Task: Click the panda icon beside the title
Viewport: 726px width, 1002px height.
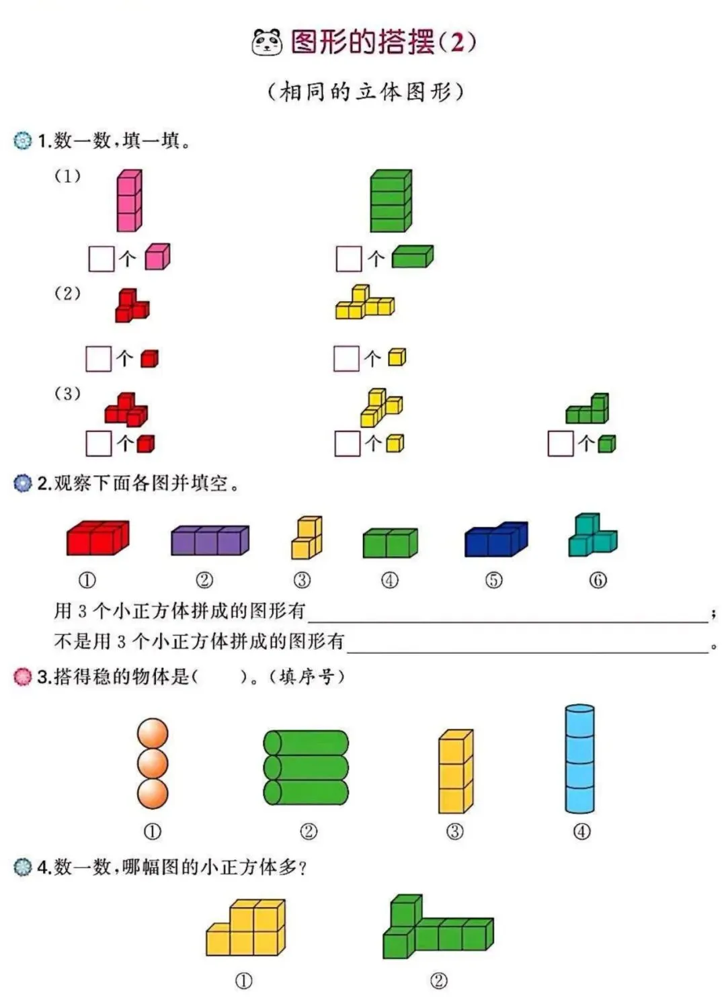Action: pos(267,42)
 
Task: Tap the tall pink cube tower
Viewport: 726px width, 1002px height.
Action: pos(129,200)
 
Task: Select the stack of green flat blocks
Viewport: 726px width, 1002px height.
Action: pos(391,201)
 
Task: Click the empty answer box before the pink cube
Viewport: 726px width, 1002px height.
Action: pos(102,259)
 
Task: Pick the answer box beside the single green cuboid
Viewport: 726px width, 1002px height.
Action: pos(349,259)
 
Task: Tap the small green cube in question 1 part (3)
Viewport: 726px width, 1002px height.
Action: pos(606,444)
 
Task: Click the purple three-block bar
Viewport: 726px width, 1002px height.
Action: pos(210,540)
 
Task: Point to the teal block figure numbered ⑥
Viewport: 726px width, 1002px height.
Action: pos(592,536)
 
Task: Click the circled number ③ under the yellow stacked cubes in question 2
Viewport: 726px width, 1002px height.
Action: pos(302,580)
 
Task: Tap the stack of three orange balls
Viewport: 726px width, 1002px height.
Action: pos(153,763)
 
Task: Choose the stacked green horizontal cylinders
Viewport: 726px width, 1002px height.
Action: pos(306,767)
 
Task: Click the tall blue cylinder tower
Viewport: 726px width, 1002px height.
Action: pos(579,759)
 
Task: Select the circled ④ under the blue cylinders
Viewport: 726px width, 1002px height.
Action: pos(581,831)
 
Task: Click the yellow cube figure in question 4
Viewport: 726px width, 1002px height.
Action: pos(247,929)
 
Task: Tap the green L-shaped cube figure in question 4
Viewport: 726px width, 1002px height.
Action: pos(437,928)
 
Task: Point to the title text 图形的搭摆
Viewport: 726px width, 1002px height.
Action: pos(362,42)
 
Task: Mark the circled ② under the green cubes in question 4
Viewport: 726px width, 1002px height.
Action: pos(438,980)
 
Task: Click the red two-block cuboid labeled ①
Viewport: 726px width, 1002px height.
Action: pos(97,538)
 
